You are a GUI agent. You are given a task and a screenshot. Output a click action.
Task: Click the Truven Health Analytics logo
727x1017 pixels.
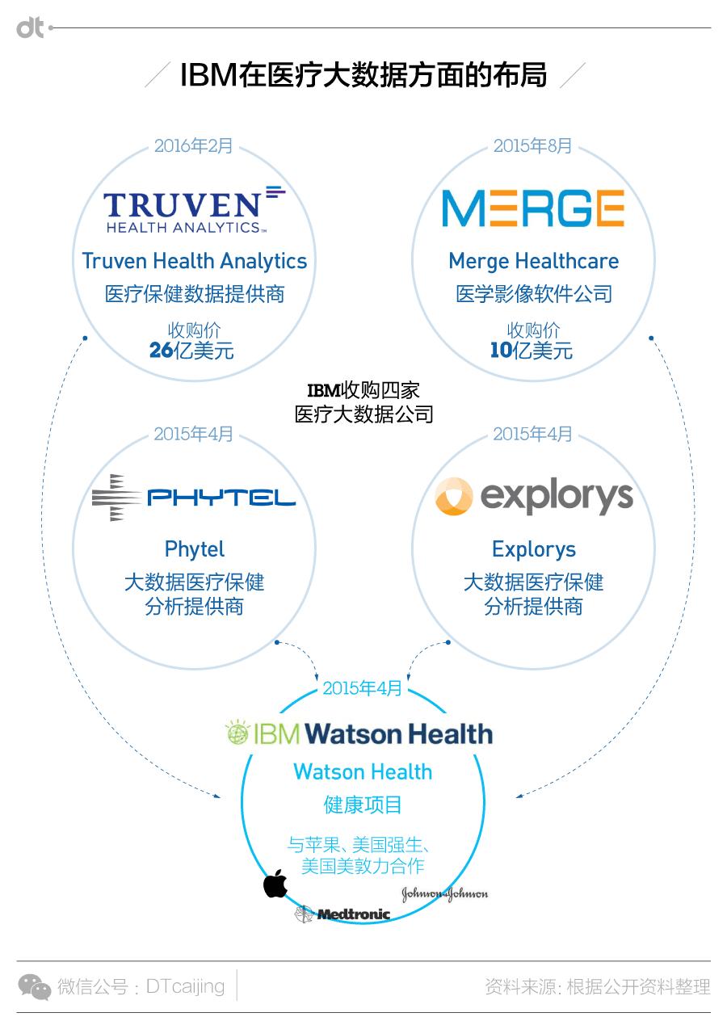(x=195, y=209)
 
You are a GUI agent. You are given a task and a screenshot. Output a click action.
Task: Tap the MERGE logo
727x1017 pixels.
(x=533, y=208)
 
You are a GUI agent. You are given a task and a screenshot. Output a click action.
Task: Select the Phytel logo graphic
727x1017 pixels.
(x=194, y=498)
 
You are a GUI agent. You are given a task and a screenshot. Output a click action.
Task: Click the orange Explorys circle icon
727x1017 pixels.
(x=454, y=496)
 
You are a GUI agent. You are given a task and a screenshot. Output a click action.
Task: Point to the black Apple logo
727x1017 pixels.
(x=275, y=883)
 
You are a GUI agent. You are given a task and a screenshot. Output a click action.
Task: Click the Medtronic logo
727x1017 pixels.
(x=342, y=914)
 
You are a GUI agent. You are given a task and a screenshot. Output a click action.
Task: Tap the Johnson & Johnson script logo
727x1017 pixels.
(x=444, y=893)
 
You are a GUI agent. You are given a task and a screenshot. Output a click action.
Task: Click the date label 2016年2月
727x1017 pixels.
(x=193, y=146)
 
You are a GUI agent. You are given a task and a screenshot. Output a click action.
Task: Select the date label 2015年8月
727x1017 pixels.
(x=532, y=146)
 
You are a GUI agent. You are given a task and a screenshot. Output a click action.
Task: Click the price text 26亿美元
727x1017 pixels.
(x=191, y=351)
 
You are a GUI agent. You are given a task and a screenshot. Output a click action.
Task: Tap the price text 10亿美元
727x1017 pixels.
(x=532, y=351)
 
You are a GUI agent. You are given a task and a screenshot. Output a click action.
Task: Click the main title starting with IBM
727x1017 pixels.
(x=363, y=75)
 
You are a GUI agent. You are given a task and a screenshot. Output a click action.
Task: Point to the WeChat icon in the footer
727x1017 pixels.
(x=35, y=986)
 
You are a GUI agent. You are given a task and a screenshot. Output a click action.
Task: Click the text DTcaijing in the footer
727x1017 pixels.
(x=185, y=986)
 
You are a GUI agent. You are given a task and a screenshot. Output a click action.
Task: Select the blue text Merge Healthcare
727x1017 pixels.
(x=534, y=262)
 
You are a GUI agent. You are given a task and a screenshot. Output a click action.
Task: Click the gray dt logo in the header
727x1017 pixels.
(x=30, y=27)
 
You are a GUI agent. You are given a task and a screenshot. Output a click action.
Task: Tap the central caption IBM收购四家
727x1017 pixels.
(x=363, y=390)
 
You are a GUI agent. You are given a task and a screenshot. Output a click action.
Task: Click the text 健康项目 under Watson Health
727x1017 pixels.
(x=363, y=805)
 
